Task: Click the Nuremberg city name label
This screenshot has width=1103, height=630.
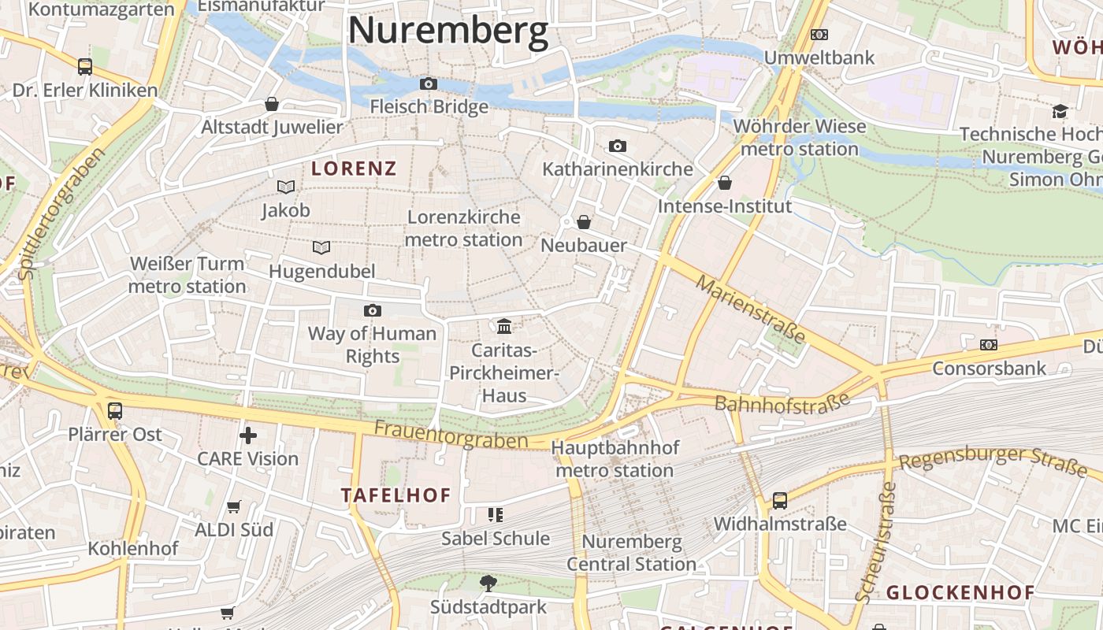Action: coord(448,31)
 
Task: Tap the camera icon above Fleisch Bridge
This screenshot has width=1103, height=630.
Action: coord(428,83)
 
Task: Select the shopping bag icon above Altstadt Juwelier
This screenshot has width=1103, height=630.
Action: coord(272,104)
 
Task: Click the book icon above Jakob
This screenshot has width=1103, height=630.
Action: coord(286,187)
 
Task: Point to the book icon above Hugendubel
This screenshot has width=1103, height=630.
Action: coord(321,248)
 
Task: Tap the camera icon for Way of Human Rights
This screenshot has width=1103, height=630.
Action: coord(373,310)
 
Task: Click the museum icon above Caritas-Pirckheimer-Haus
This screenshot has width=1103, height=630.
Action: coord(504,326)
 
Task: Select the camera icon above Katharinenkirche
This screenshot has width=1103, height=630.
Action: coord(618,146)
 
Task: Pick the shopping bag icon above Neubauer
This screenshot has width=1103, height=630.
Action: coord(584,222)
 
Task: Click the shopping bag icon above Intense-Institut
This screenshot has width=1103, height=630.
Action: coord(725,183)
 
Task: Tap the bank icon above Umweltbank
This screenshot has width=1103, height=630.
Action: coord(819,35)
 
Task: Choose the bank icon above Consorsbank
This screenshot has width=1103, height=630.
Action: coord(989,345)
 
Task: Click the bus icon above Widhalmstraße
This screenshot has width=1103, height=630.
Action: coord(780,500)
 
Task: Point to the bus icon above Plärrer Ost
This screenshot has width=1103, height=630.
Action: coord(115,410)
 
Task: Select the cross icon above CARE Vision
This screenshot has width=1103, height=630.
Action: coord(248,435)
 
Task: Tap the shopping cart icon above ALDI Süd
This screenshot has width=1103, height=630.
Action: coord(234,506)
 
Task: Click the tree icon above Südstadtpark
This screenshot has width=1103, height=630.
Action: coord(488,584)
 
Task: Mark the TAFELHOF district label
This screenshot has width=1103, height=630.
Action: coord(396,495)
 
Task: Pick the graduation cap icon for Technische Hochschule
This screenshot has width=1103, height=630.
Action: coord(1060,111)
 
